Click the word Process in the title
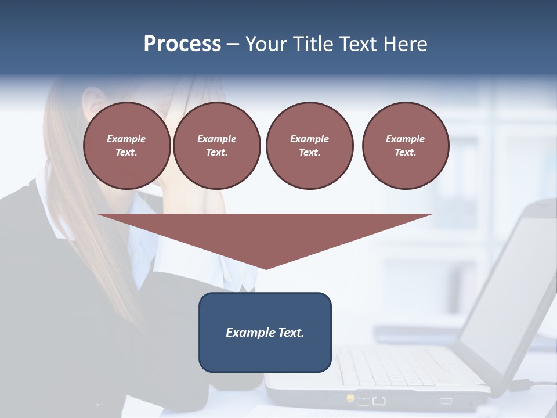(182, 44)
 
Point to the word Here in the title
(406, 44)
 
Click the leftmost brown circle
(126, 145)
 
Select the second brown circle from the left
(216, 145)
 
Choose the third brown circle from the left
(309, 145)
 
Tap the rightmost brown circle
(405, 145)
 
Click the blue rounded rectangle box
(265, 331)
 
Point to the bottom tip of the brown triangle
(266, 268)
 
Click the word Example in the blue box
(250, 333)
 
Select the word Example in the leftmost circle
(126, 139)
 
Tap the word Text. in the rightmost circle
(405, 152)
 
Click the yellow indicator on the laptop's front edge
(350, 398)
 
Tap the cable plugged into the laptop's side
(537, 384)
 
